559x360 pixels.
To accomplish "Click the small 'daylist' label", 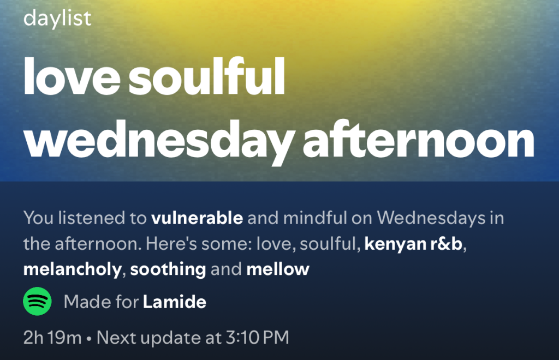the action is (57, 19).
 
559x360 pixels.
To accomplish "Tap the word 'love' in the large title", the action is (72, 76).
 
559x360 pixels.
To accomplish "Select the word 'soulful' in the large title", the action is (207, 76).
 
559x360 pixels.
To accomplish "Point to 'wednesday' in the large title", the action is (159, 141).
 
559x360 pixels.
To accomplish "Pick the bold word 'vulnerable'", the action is (197, 218).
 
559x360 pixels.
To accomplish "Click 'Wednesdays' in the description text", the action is (431, 219).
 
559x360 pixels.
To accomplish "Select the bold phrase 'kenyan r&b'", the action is (413, 244).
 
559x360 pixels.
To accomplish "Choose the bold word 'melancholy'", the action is (73, 270).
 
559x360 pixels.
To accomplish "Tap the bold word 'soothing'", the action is (168, 270).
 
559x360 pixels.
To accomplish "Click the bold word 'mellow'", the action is (278, 269).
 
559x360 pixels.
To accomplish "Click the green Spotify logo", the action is (38, 301).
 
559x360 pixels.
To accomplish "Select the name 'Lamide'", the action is (175, 302).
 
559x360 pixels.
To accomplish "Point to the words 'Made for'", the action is (101, 302).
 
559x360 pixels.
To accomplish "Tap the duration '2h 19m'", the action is (52, 338).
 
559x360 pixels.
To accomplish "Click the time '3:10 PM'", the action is (258, 338).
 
